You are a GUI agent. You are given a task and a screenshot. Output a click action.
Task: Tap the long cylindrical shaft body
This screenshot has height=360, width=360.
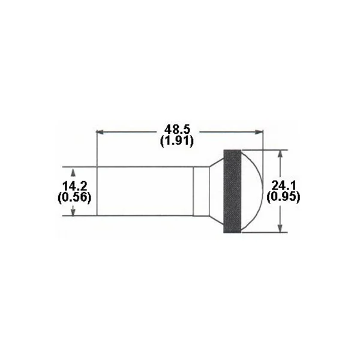(144, 191)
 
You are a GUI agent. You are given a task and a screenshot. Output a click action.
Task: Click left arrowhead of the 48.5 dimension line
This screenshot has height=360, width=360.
(100, 131)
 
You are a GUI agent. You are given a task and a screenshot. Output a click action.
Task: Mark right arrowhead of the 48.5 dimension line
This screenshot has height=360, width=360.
(260, 131)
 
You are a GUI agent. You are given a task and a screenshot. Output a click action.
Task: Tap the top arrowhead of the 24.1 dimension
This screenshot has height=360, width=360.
(280, 153)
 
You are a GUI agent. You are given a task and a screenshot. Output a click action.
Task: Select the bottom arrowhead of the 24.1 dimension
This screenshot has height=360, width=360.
(280, 229)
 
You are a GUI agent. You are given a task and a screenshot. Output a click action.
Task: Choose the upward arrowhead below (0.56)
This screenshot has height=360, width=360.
(73, 211)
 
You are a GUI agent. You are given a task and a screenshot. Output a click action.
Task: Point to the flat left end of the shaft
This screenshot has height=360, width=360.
(97, 191)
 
